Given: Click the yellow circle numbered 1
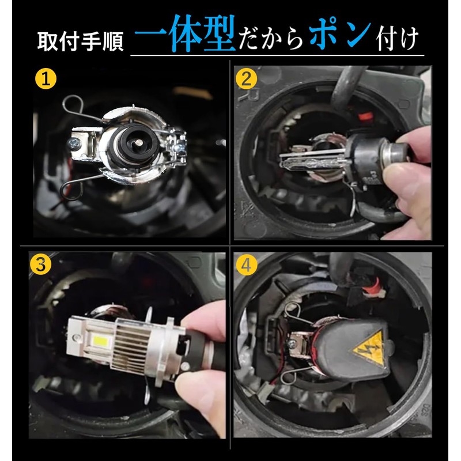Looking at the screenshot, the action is point(46,78).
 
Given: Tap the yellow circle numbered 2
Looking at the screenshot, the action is point(247,78).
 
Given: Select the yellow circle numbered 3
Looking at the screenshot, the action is point(40,264).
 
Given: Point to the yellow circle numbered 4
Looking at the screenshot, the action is point(247,265).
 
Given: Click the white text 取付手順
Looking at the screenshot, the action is point(80,41).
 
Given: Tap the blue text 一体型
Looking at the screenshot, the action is point(185,33).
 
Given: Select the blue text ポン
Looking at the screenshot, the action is point(339,32).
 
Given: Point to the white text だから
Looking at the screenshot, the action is point(270,38).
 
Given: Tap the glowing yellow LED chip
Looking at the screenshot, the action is point(100,341).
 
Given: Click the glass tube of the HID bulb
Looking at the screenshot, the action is point(312,161).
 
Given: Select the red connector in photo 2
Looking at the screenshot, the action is point(366,117).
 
